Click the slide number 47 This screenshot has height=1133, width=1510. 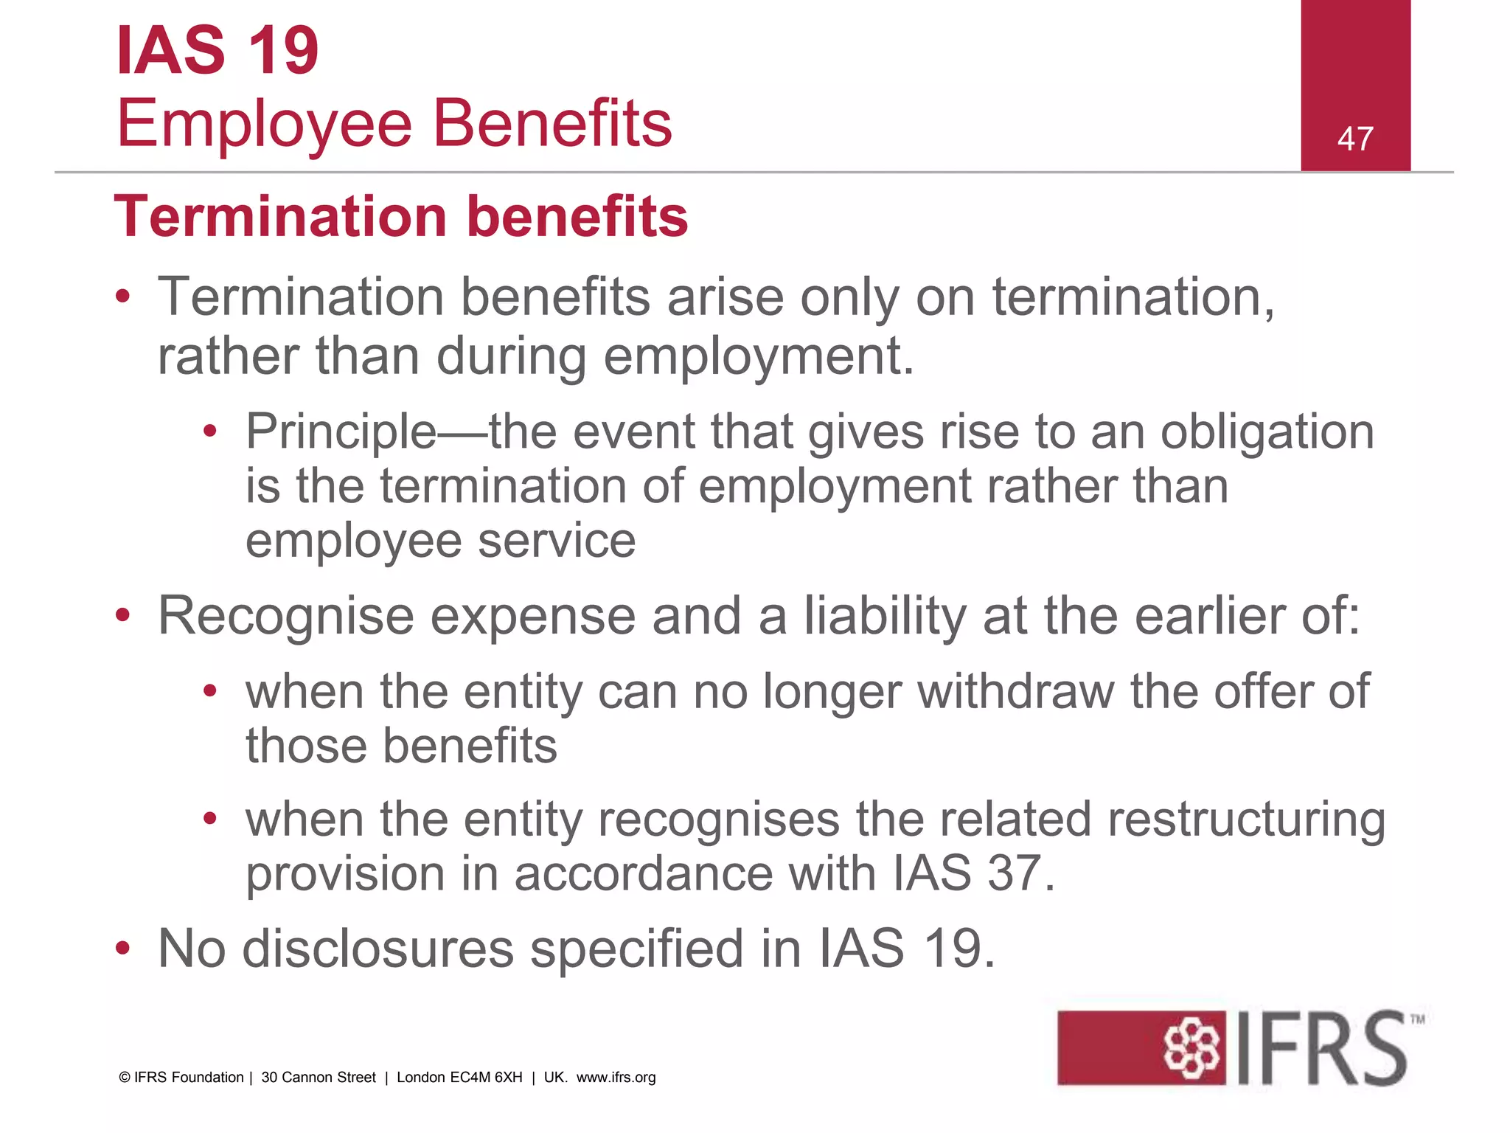pyautogui.click(x=1355, y=139)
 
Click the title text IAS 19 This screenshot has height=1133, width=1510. pyautogui.click(x=218, y=50)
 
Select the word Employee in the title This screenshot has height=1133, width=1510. pyautogui.click(x=264, y=124)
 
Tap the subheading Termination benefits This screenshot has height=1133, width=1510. pyautogui.click(x=401, y=217)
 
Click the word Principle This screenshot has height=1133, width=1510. pyautogui.click(x=341, y=432)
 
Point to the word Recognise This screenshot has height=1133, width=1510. pyautogui.click(x=286, y=617)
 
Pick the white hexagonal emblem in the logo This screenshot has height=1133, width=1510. pyautogui.click(x=1191, y=1048)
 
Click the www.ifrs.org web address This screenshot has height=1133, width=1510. pyautogui.click(x=616, y=1078)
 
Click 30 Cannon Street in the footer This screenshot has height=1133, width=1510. pyautogui.click(x=319, y=1078)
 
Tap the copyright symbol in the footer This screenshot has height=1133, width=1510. pyautogui.click(x=125, y=1078)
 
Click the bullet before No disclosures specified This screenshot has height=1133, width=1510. pyautogui.click(x=123, y=949)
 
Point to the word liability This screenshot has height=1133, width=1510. pyautogui.click(x=885, y=617)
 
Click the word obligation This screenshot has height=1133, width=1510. pyautogui.click(x=1267, y=432)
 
